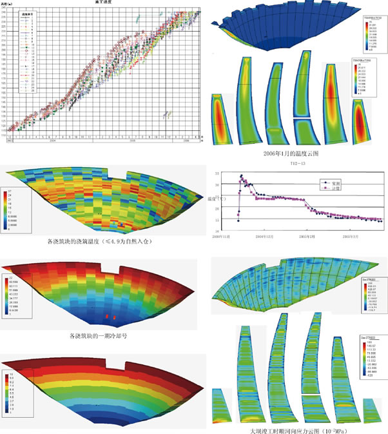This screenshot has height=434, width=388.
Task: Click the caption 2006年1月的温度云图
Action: tap(292, 154)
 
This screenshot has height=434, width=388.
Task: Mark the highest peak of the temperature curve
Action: tap(241, 175)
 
